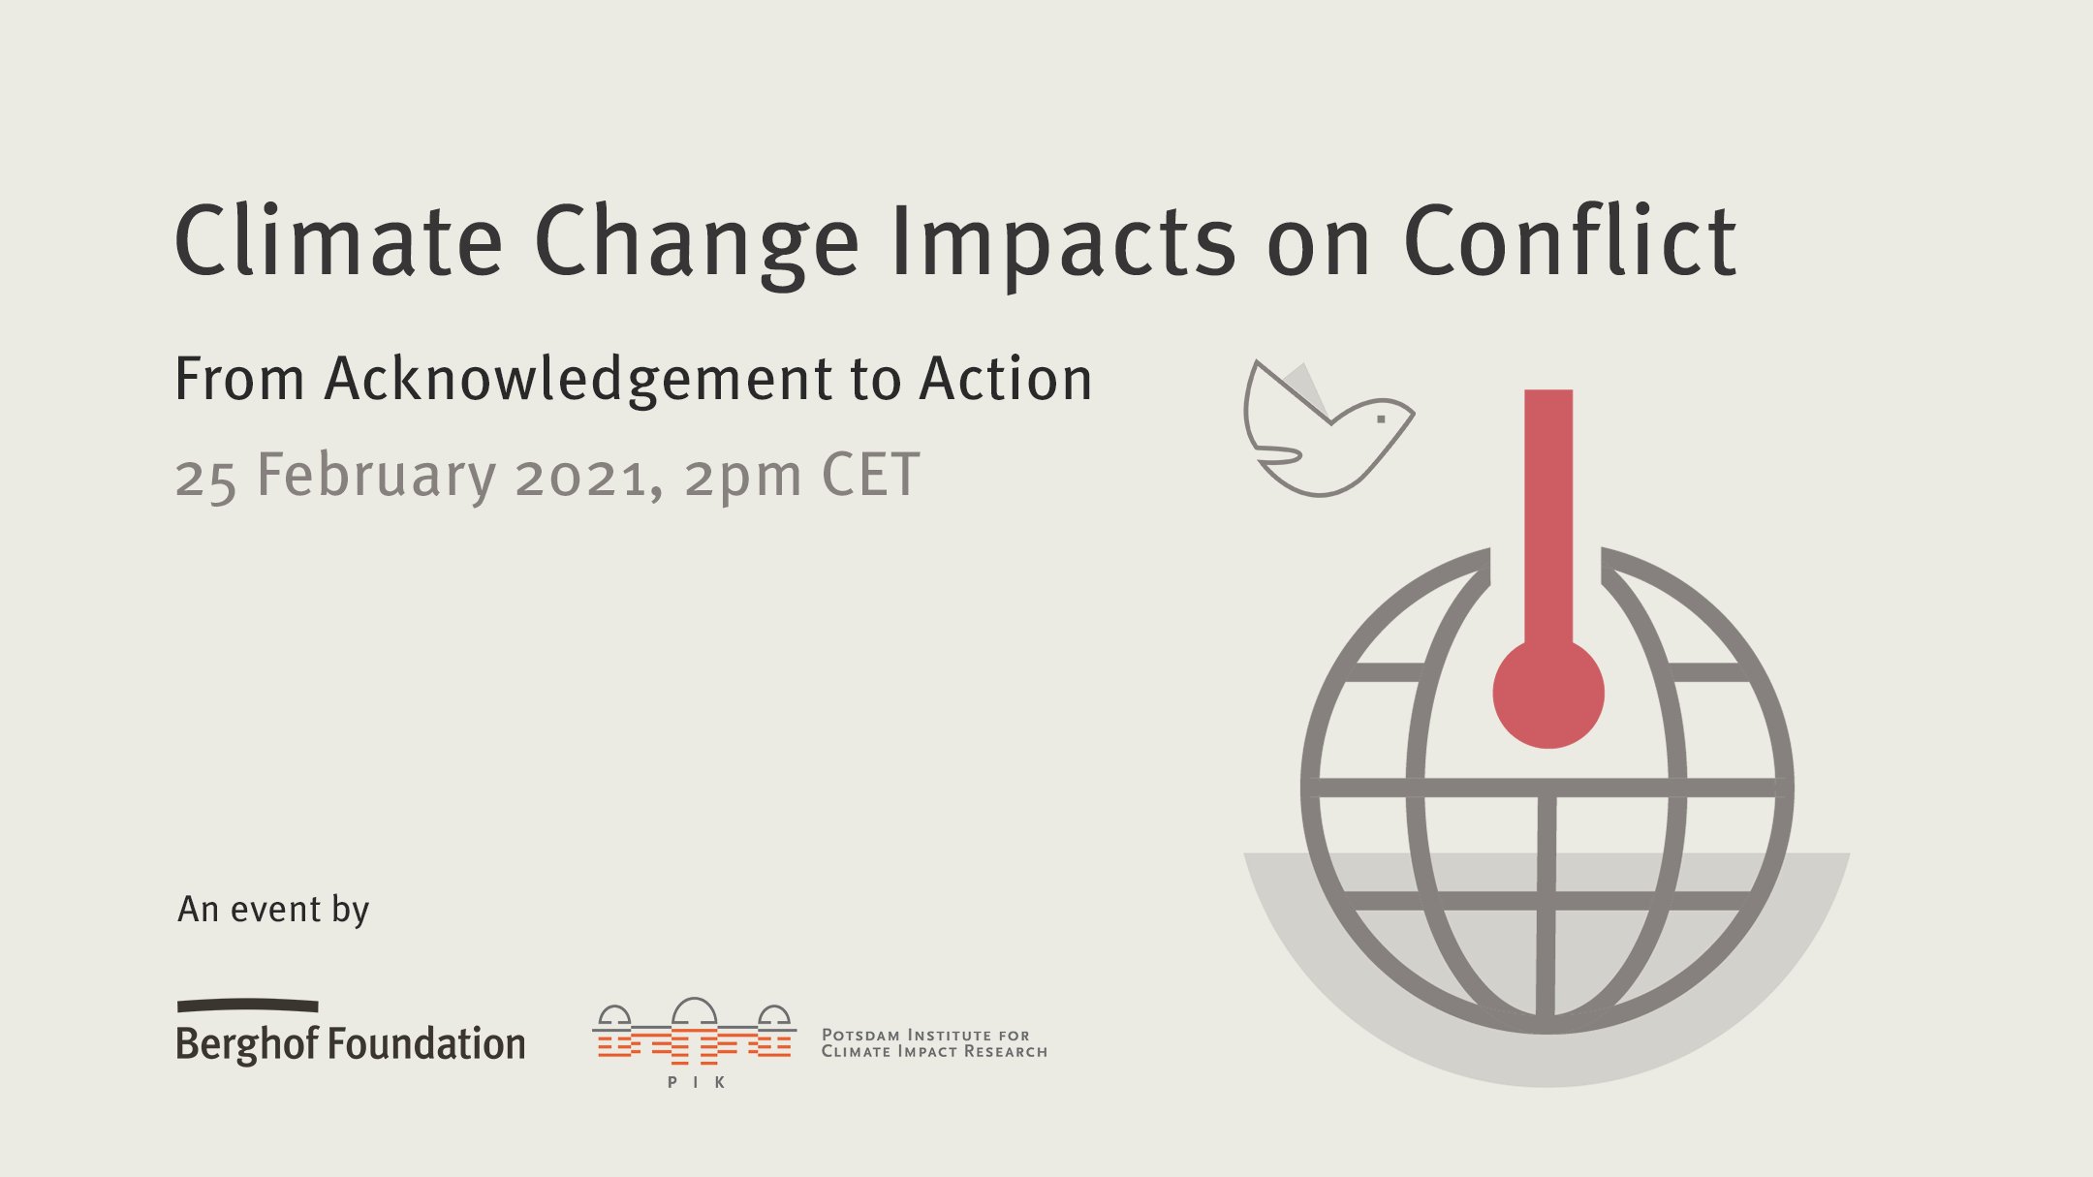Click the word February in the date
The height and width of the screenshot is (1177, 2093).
(376, 476)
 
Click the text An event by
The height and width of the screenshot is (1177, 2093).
(273, 910)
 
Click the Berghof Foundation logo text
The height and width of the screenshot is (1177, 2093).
(351, 1044)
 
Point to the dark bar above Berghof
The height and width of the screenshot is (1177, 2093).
(247, 1006)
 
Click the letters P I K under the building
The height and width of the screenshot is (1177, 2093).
(696, 1082)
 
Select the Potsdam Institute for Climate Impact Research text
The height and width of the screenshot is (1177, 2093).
(934, 1043)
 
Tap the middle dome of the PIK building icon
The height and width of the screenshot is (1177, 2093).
(694, 1011)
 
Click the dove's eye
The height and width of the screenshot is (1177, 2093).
(1381, 419)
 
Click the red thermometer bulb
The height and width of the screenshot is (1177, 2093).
(1548, 693)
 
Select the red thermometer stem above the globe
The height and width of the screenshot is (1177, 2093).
(1548, 504)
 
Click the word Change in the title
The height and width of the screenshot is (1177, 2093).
(696, 242)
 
